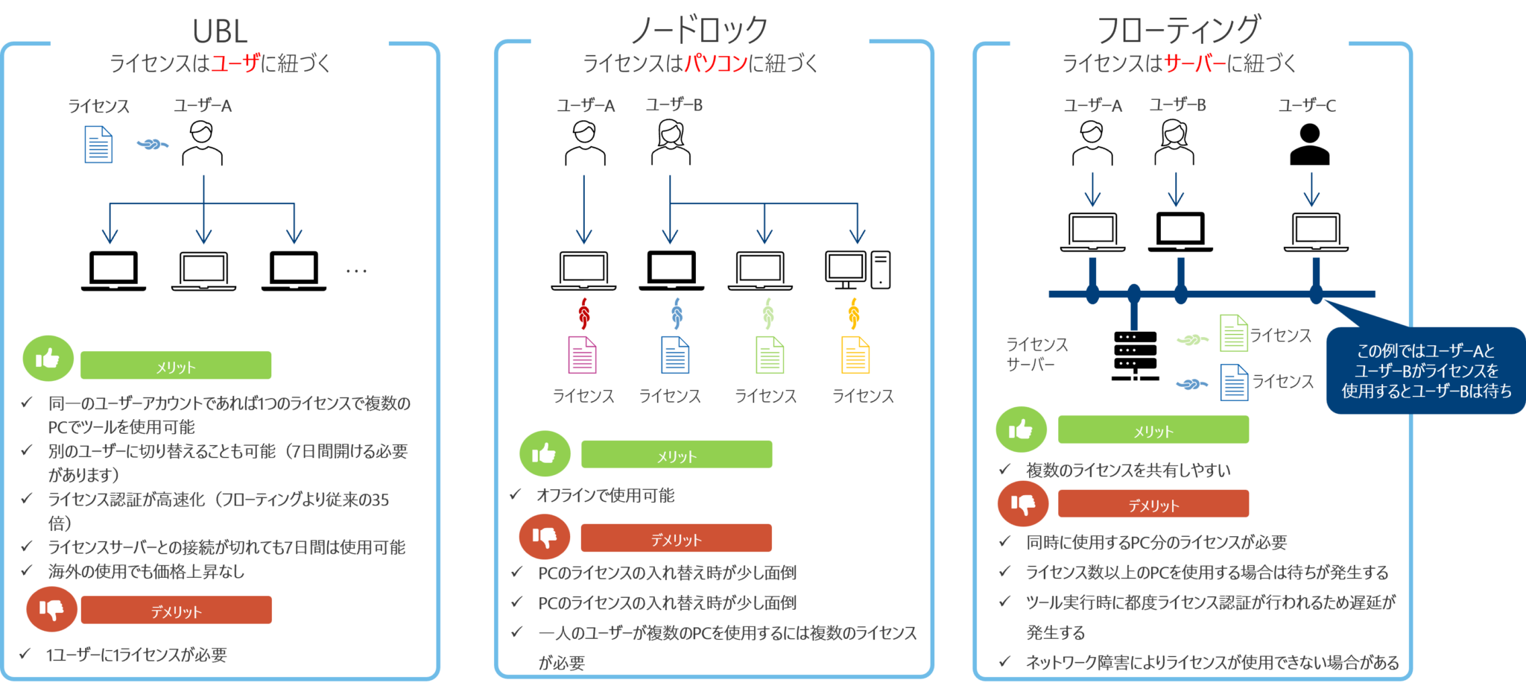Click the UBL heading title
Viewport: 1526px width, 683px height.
coord(220,31)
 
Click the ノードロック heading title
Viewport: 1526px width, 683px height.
coord(699,30)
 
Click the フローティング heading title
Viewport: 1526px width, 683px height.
coord(1179,30)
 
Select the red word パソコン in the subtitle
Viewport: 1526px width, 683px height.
coord(716,63)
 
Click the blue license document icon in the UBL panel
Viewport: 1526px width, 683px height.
coord(99,144)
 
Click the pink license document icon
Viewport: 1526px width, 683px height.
coord(582,355)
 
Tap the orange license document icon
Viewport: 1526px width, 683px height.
coord(855,355)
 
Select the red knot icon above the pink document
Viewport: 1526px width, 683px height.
coord(584,313)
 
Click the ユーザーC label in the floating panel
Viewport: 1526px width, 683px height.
coord(1307,105)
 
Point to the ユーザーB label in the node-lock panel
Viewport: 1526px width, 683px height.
coord(674,105)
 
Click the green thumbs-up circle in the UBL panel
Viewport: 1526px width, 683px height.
coord(48,359)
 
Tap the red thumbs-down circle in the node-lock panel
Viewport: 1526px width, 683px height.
coord(545,537)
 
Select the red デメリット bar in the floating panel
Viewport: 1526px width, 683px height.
coord(1153,504)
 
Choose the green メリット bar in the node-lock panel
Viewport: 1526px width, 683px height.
coord(677,455)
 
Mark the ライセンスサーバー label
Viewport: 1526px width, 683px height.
coord(1036,354)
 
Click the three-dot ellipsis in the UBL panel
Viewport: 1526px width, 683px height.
coord(356,271)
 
